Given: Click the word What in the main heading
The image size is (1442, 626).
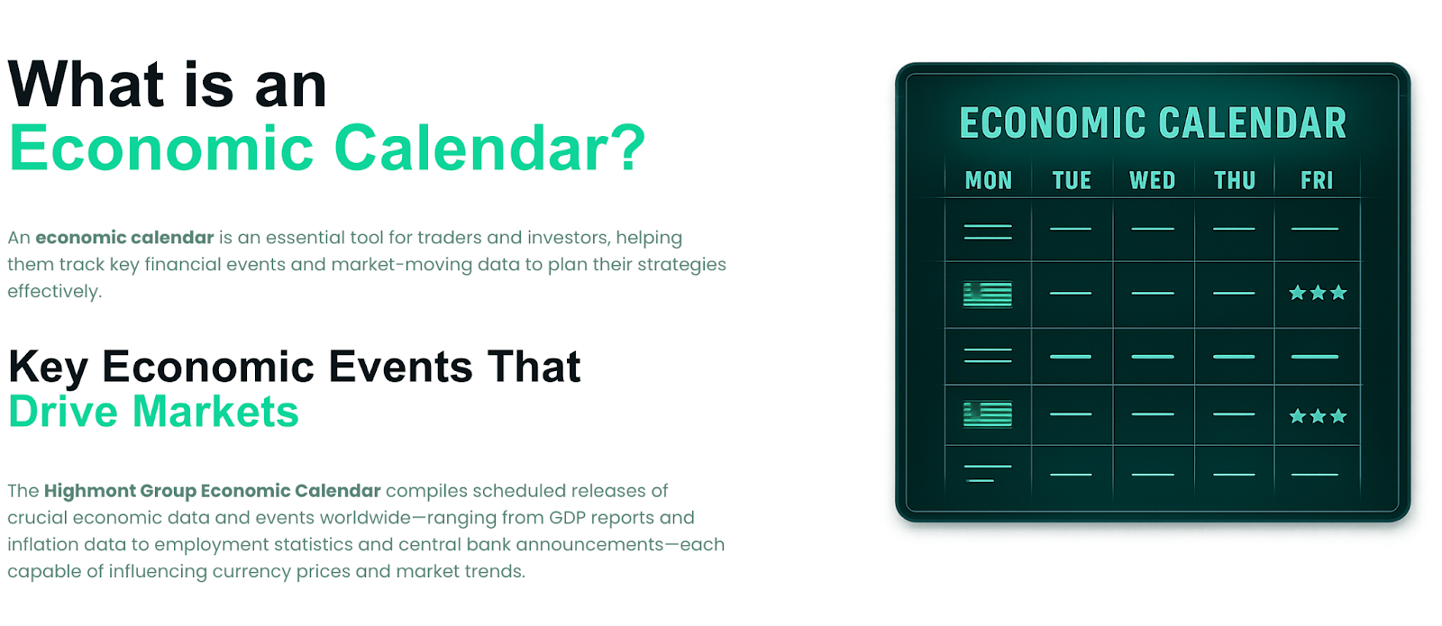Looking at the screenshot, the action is [x=87, y=85].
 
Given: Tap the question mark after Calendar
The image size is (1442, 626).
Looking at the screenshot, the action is [x=626, y=148].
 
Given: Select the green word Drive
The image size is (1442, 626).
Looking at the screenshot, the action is [x=63, y=411].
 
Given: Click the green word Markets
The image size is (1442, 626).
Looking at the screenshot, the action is [x=215, y=411].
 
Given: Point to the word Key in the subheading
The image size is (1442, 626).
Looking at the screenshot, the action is [x=49, y=368].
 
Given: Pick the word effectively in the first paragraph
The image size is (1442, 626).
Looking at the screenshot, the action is [x=55, y=292].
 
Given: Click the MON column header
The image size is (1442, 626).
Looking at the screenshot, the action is [x=988, y=180].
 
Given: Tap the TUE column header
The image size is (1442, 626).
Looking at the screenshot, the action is [x=1072, y=180].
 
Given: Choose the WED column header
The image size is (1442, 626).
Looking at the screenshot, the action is [x=1153, y=180].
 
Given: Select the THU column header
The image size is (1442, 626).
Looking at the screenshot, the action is [x=1235, y=180].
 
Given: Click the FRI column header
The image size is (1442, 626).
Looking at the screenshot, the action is [x=1317, y=180].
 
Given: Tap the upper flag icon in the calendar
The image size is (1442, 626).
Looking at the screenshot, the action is [x=988, y=295].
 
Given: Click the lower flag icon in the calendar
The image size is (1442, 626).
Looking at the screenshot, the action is [x=988, y=414].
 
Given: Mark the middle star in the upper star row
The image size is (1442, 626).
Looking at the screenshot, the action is [x=1318, y=294].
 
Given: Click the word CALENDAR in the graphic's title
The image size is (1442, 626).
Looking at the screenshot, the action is [x=1252, y=122].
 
